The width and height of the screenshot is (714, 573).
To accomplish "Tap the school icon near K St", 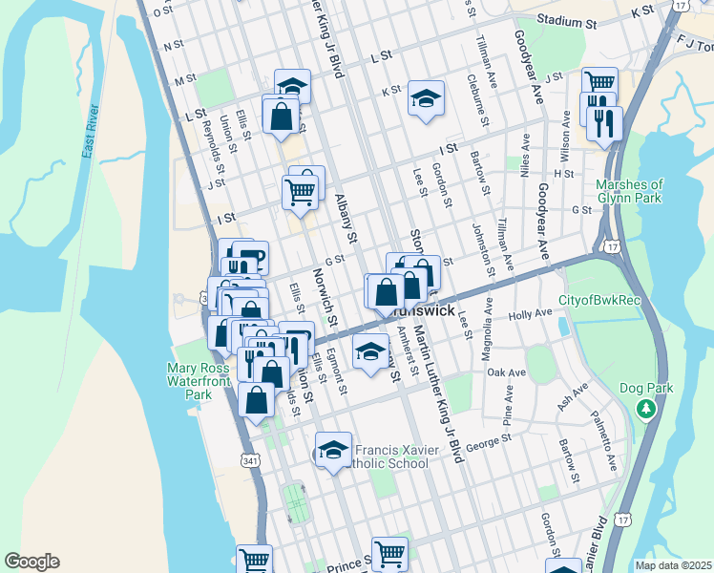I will [x=426, y=98].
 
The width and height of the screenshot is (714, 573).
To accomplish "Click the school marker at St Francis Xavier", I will [x=333, y=450].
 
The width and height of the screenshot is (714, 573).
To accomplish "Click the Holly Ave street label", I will [x=531, y=313].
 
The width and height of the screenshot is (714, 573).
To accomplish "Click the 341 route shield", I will [x=250, y=460].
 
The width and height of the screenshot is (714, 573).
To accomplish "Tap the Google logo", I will [x=31, y=562].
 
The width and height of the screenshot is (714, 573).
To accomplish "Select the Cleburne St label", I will [x=478, y=102].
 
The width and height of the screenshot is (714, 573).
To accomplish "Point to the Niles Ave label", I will [x=524, y=154].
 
